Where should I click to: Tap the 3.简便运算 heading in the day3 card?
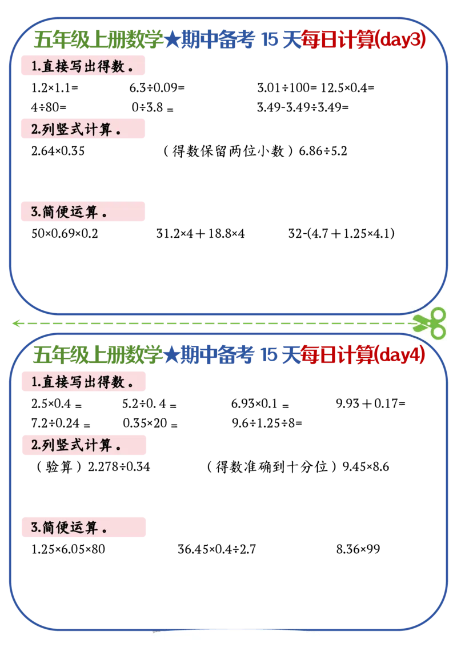pyautogui.click(x=70, y=213)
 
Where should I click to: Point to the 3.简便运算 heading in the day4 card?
pyautogui.click(x=70, y=528)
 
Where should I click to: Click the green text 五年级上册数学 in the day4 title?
pyautogui.click(x=98, y=356)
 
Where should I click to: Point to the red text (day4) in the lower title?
pyautogui.click(x=402, y=356)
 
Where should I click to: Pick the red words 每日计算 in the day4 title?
pyautogui.click(x=339, y=356)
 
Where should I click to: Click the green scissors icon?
pyautogui.click(x=429, y=322)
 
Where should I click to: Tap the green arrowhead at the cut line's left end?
pyautogui.click(x=17, y=323)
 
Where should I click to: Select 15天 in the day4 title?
pyautogui.click(x=280, y=356)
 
